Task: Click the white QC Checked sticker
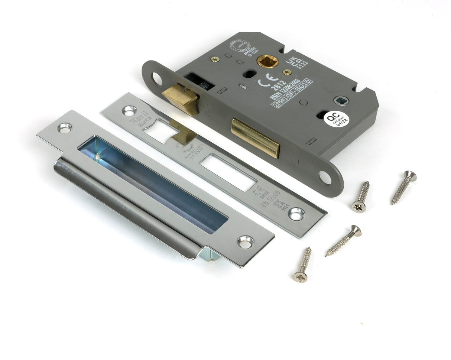(x=336, y=119)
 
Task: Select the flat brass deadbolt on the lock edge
(x=255, y=137)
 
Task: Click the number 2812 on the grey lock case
(x=278, y=86)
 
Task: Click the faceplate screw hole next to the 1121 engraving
(x=297, y=213)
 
